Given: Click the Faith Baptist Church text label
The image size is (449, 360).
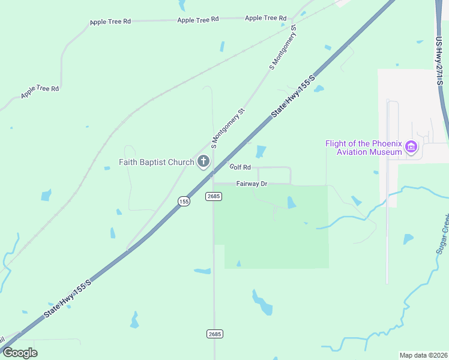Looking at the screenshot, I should (x=156, y=162).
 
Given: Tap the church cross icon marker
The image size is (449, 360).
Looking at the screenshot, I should (x=203, y=161).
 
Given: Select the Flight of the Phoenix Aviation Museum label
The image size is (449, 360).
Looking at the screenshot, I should (x=363, y=148).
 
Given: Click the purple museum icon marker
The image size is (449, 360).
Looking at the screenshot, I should (x=411, y=147).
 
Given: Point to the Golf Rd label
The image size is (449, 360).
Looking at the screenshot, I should (x=240, y=167).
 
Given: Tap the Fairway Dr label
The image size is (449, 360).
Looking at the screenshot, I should (x=252, y=183).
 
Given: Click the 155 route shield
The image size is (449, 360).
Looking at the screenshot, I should (x=184, y=202).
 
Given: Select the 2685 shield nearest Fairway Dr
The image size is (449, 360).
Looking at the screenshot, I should (x=214, y=196).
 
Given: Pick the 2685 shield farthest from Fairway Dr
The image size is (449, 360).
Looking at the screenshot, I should (x=215, y=334).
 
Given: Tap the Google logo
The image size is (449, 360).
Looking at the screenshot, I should (x=20, y=352).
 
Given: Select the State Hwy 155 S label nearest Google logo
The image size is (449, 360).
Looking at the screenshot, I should (x=67, y=299).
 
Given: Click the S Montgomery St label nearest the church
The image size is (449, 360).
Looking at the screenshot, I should (x=229, y=128).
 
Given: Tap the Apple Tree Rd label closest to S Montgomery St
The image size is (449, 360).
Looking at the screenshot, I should (x=265, y=19).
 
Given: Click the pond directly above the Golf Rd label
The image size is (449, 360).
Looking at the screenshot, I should (x=261, y=152).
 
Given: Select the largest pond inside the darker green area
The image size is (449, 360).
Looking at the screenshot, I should (x=291, y=203).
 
